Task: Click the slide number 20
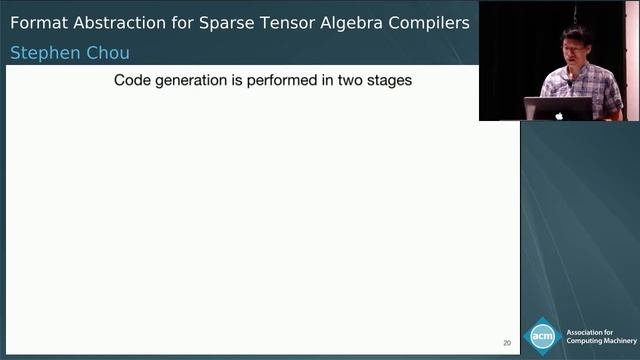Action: point(507,343)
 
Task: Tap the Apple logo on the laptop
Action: point(558,114)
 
